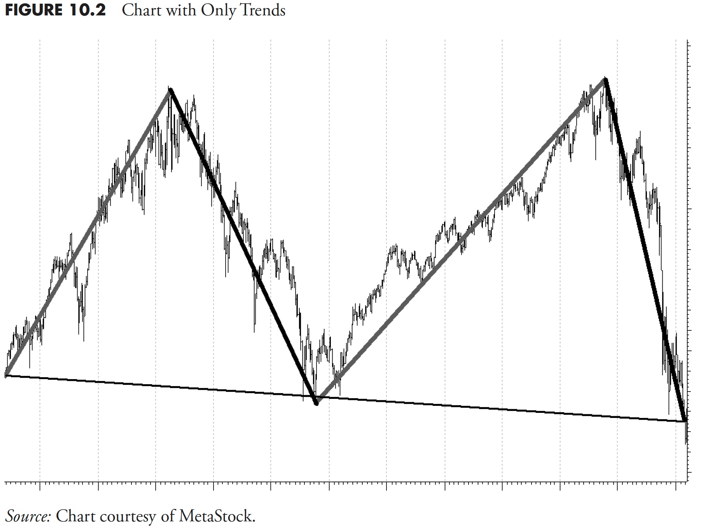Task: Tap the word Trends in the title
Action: pos(262,10)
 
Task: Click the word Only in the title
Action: pos(218,11)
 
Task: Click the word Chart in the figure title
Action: pos(141,10)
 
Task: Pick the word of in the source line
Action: pos(169,516)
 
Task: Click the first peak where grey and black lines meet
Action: pos(170,90)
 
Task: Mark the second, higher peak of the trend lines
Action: pos(606,79)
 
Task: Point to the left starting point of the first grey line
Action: pos(6,375)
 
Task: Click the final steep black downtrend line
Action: pos(645,249)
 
